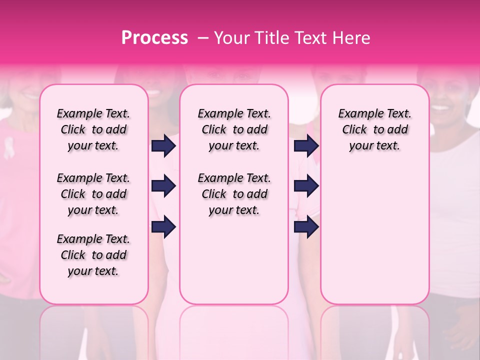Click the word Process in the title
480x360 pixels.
point(154,38)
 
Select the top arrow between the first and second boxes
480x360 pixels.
point(163,146)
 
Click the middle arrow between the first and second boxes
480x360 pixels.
point(163,186)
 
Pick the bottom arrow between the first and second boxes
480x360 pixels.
point(163,227)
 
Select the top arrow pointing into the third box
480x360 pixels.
point(306,146)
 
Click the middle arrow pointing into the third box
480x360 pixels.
point(306,186)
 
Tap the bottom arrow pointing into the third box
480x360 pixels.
point(306,227)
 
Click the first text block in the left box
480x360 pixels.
point(93,129)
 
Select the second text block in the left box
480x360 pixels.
point(93,194)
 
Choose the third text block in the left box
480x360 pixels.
point(93,255)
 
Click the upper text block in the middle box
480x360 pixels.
point(234,129)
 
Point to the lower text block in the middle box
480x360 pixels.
point(234,194)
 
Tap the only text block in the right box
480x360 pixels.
point(374,129)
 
